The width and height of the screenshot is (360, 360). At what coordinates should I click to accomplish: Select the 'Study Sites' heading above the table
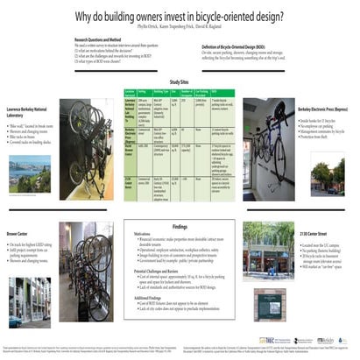[x=180, y=81]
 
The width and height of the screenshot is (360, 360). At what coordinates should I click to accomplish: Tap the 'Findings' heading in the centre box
[x=180, y=225]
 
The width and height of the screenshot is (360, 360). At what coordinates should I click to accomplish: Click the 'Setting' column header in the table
[x=143, y=90]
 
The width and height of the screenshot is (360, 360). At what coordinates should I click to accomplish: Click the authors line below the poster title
[x=180, y=26]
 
